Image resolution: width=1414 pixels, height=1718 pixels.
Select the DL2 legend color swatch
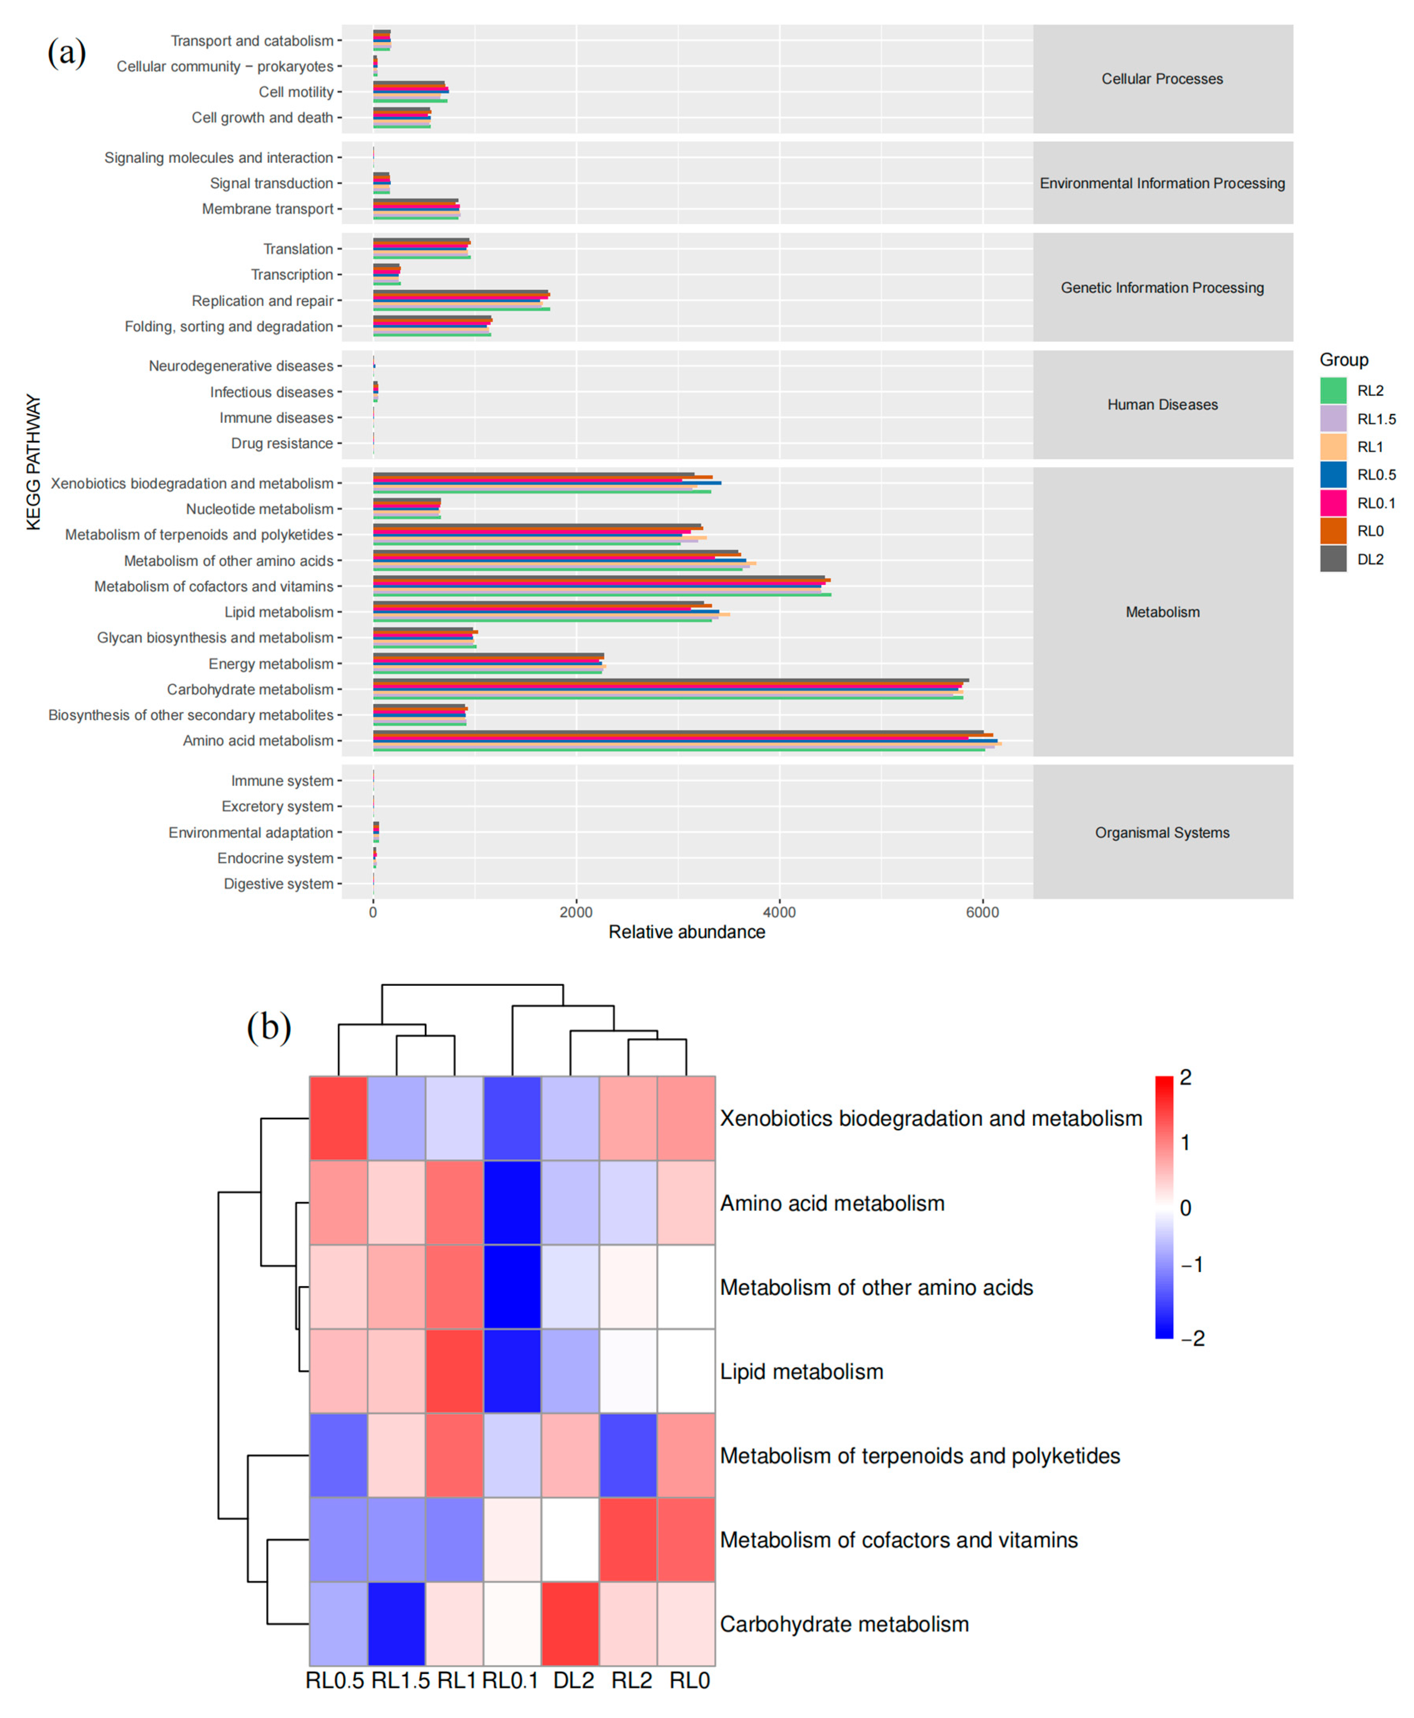[x=1332, y=559]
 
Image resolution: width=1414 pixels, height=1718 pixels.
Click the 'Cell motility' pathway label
[x=296, y=92]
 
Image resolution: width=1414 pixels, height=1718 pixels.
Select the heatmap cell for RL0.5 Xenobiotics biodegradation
[x=338, y=1118]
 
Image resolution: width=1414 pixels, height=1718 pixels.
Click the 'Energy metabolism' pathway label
[x=270, y=664]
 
